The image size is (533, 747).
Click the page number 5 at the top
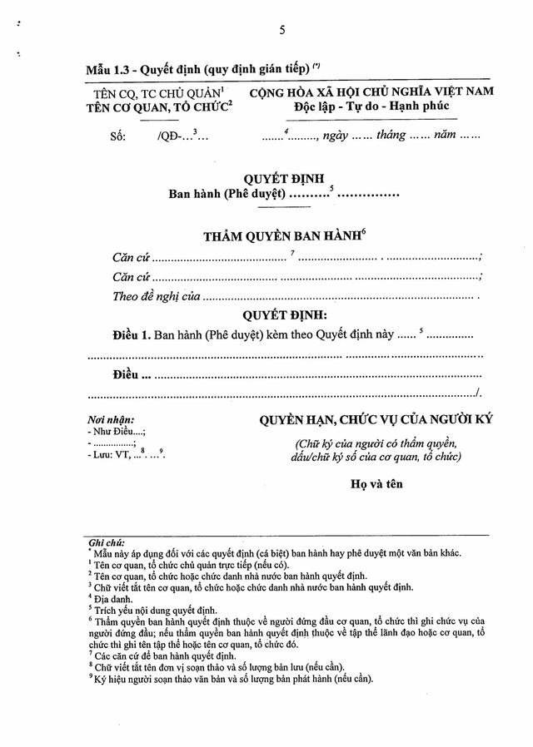282,30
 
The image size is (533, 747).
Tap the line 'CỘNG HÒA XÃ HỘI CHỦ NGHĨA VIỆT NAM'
371,91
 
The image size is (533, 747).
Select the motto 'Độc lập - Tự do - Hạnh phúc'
371,106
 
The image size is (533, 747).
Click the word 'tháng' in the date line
390,135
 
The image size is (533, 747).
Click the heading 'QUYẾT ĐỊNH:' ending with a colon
285,316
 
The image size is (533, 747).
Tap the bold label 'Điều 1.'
132,335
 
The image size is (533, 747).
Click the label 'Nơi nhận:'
111,420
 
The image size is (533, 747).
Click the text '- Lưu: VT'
109,455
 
